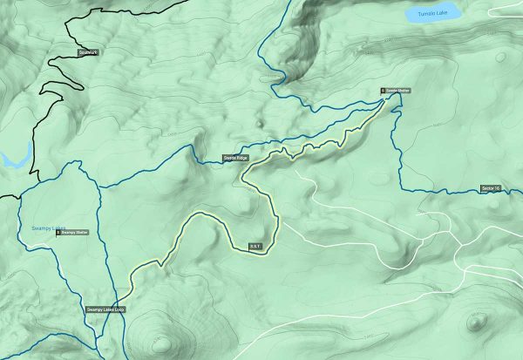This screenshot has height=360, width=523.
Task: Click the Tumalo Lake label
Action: click(x=431, y=14)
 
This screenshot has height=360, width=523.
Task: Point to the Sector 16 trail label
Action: click(x=492, y=189)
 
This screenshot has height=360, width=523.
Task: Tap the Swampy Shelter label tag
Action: click(x=75, y=233)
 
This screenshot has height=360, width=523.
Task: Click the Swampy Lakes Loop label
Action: click(x=105, y=309)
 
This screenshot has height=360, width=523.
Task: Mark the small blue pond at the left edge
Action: click(x=12, y=160)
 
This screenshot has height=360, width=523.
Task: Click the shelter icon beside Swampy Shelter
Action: click(x=58, y=233)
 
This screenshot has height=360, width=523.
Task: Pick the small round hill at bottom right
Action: click(x=476, y=323)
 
